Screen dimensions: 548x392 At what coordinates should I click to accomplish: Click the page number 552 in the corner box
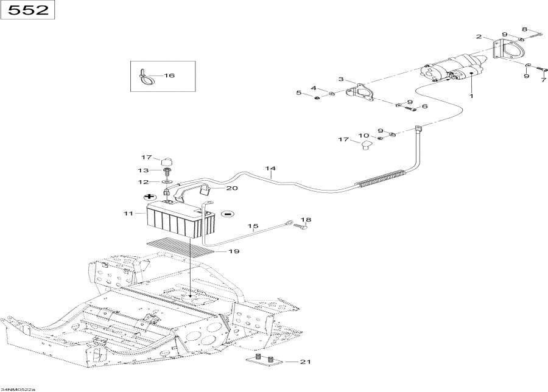point(28,10)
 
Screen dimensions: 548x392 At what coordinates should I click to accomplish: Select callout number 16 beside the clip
point(169,75)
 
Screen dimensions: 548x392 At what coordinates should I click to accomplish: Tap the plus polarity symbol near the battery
point(150,197)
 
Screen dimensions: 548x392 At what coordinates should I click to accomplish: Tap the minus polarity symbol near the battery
point(228,214)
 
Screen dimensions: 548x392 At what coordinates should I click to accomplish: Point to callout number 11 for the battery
point(128,213)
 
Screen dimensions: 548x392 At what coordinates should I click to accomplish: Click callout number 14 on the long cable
point(270,169)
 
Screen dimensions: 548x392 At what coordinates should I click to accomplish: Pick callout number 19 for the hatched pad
point(234,251)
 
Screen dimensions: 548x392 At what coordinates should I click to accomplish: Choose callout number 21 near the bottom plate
point(305,362)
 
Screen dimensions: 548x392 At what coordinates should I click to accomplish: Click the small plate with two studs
point(264,361)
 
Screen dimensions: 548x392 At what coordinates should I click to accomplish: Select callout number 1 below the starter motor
point(471,96)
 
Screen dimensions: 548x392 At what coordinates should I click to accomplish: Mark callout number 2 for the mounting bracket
point(479,37)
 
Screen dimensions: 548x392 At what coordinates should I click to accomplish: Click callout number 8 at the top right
point(524,29)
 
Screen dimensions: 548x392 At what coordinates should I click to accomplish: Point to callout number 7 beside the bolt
point(543,80)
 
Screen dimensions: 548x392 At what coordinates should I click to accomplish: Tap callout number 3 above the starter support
point(341,79)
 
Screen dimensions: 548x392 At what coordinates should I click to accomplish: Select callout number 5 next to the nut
point(298,93)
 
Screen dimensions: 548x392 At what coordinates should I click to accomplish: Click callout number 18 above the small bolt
point(306,220)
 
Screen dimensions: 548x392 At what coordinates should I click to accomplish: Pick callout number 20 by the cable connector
point(232,188)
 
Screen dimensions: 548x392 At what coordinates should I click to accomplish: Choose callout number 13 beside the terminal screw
point(143,170)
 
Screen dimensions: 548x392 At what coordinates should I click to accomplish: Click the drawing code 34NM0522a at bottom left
point(18,389)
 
